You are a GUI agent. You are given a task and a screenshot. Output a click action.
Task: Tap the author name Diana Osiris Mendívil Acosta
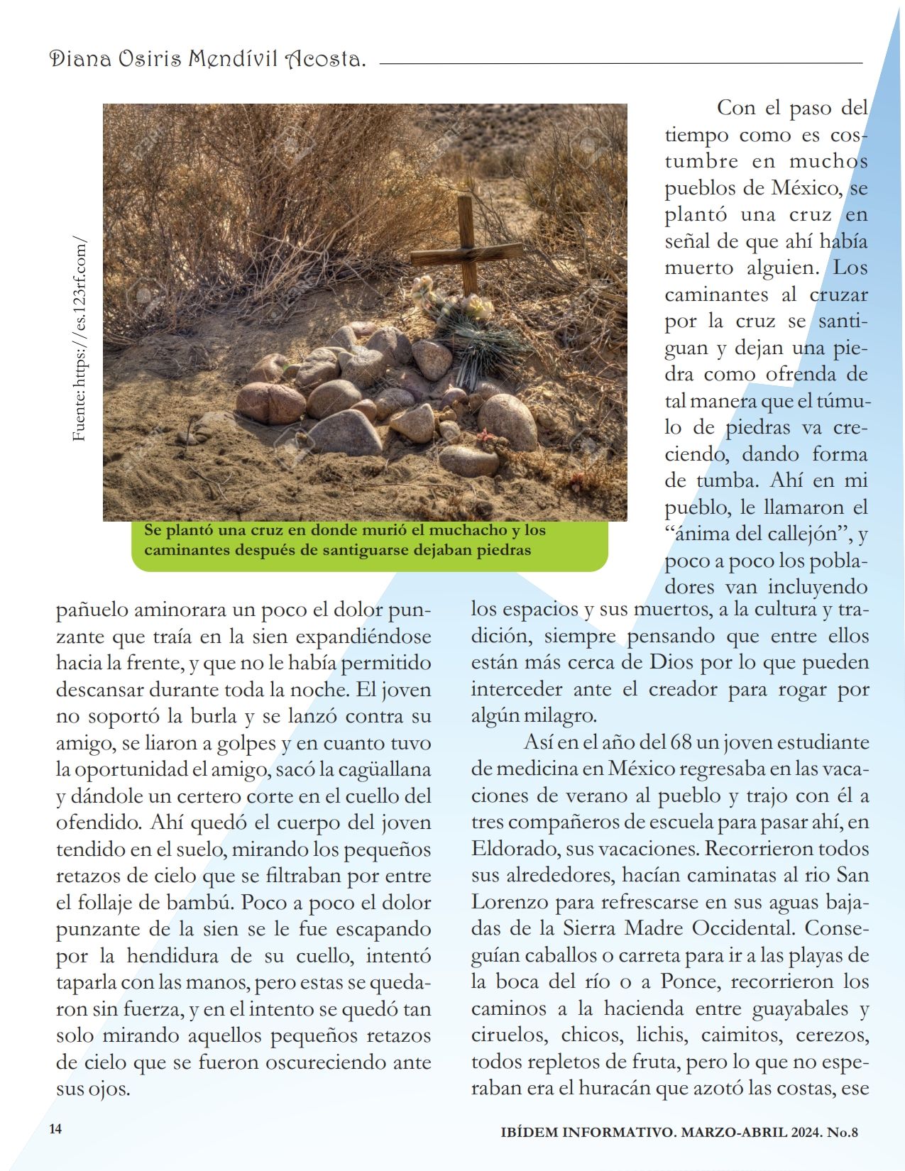pyautogui.click(x=207, y=60)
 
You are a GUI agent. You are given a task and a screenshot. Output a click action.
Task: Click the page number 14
pyautogui.click(x=55, y=1128)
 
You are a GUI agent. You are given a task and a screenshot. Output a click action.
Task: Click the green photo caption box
pyautogui.click(x=369, y=546)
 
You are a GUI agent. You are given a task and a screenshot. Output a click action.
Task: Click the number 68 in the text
pyautogui.click(x=680, y=742)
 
